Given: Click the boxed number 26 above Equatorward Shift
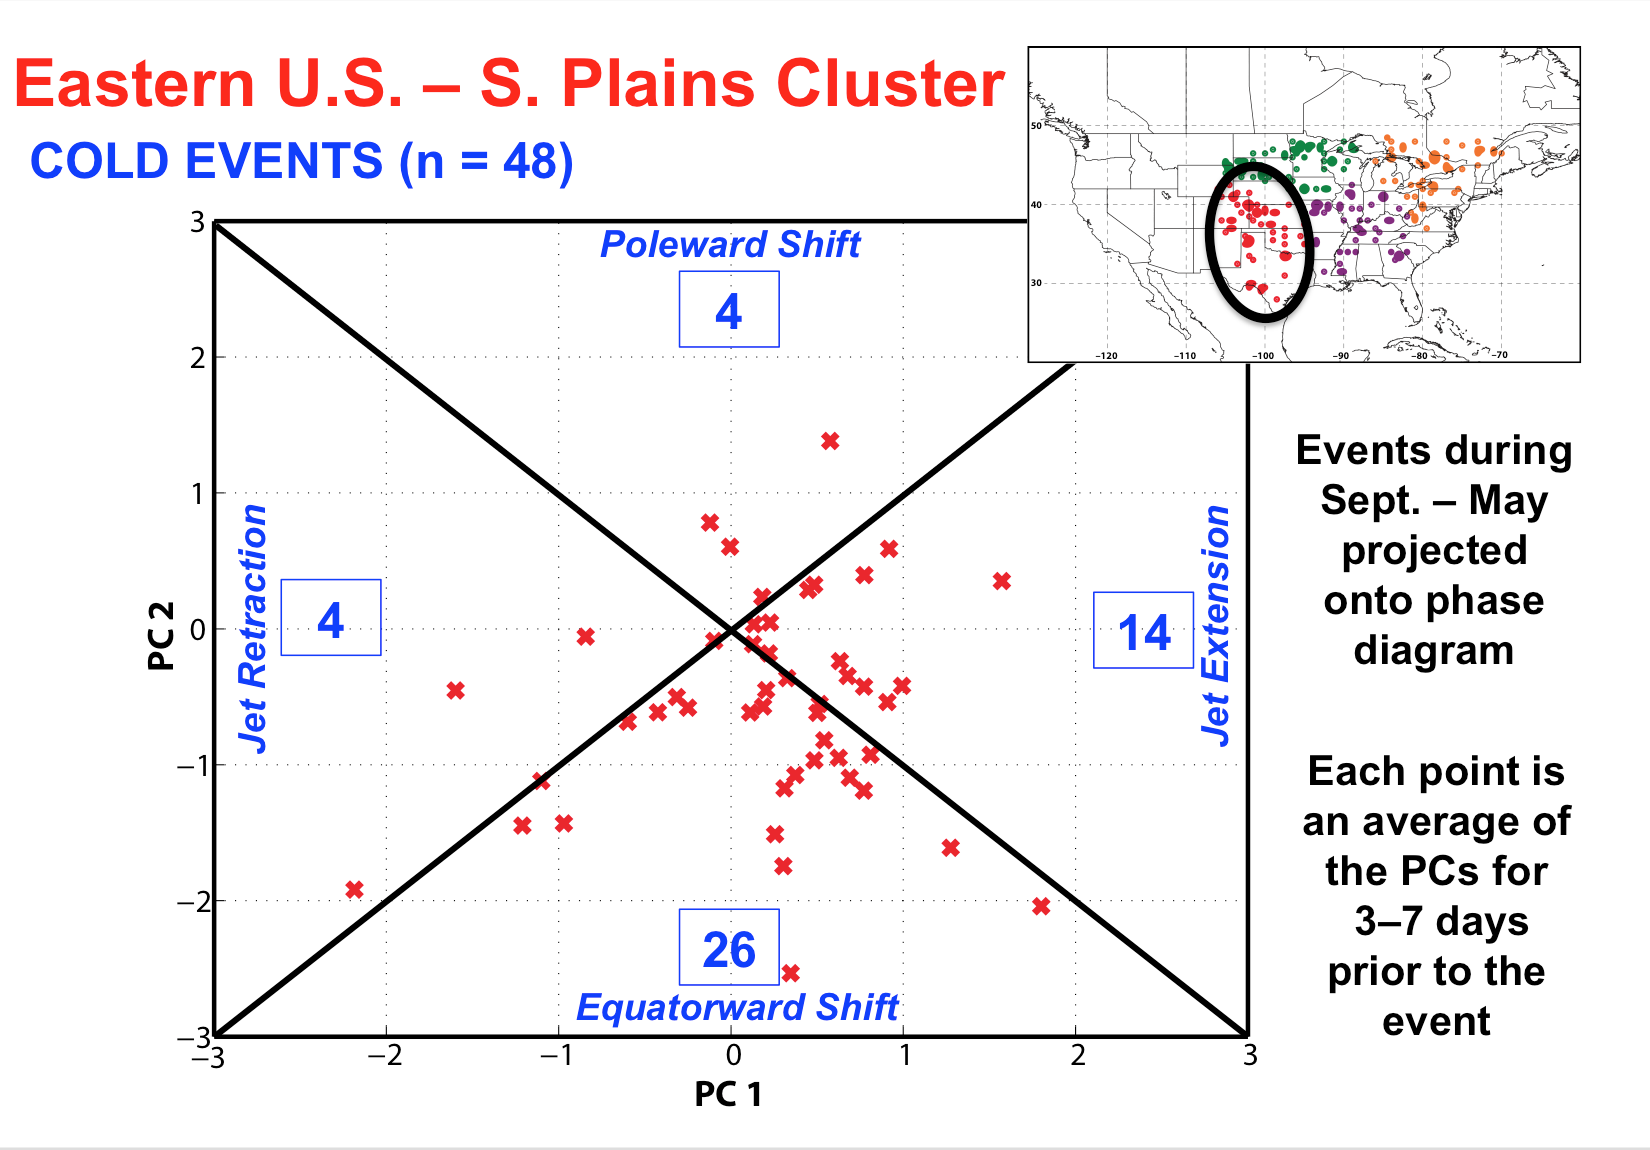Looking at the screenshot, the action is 729,947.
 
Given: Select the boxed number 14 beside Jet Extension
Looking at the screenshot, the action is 1143,631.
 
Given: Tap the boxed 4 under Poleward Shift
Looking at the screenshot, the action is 729,309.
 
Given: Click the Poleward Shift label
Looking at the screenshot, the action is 730,244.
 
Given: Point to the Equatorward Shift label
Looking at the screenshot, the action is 737,1007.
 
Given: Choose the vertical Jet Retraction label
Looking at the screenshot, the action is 252,628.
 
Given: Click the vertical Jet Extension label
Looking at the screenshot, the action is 1215,626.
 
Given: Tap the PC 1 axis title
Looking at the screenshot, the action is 728,1094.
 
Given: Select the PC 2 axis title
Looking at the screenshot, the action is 161,636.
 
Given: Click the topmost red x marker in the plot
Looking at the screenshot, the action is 830,441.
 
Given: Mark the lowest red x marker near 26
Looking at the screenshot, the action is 790,973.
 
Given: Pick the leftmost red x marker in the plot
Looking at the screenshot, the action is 354,889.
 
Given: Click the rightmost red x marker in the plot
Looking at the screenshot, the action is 1041,906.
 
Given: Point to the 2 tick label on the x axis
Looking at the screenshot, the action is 1078,1056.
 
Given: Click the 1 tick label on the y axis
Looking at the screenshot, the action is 197,494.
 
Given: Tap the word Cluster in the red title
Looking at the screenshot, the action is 891,83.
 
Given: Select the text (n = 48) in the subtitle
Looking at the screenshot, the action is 486,161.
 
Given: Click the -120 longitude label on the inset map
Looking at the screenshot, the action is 1106,356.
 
